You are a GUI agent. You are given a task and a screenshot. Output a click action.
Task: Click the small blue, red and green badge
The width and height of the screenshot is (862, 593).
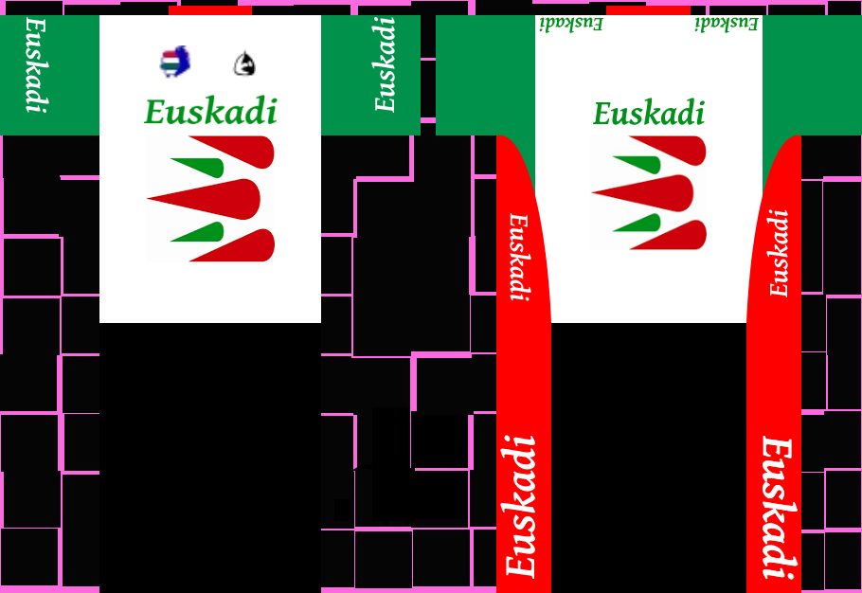(x=175, y=62)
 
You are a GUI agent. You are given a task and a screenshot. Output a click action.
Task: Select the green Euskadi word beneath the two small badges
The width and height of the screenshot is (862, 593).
(x=210, y=112)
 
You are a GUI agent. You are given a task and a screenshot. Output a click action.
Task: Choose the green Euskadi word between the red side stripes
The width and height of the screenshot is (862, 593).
(x=649, y=114)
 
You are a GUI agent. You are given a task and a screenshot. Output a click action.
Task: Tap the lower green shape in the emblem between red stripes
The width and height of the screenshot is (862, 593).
(x=639, y=224)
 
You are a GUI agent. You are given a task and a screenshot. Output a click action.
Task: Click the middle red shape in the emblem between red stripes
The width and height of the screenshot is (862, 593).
(x=654, y=192)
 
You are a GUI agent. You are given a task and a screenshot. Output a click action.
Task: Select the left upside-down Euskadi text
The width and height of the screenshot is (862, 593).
(x=570, y=22)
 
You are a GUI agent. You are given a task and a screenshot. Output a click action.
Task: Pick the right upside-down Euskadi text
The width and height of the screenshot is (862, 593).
(x=727, y=22)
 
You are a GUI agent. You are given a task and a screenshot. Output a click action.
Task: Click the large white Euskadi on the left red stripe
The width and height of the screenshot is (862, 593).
(x=522, y=506)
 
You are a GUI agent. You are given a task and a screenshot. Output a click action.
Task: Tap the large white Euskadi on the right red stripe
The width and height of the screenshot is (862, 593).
(x=777, y=507)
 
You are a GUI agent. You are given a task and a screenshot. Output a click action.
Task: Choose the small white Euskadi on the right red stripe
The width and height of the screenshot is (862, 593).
(x=779, y=253)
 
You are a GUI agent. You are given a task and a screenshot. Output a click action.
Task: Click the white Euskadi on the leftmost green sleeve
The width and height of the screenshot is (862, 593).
(x=35, y=63)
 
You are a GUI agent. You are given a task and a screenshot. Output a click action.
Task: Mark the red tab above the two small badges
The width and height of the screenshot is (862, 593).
(x=209, y=9)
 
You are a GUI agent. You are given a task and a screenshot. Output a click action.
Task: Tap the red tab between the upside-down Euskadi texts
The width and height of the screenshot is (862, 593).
(x=648, y=9)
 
